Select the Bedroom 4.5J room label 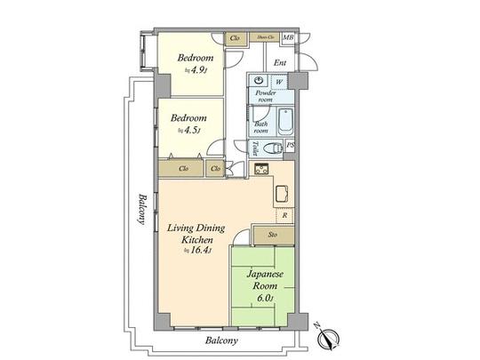point(188,123)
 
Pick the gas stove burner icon point(262,169)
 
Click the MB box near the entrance point(288,37)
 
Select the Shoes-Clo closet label point(265,37)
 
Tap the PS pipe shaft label point(291,146)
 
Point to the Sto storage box point(271,235)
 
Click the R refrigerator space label point(284,215)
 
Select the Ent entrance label point(279,62)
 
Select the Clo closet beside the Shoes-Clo point(236,37)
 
